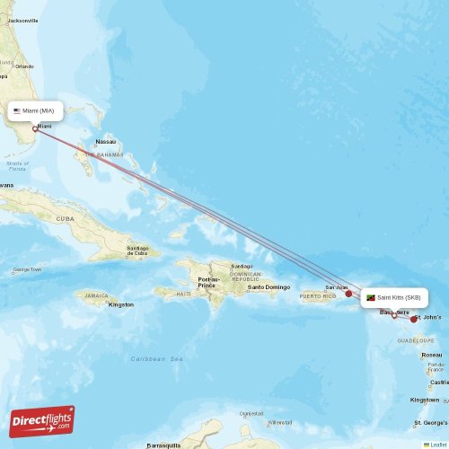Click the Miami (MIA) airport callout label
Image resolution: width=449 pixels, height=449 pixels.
[36, 110]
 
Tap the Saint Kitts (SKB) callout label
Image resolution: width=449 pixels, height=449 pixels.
[393, 297]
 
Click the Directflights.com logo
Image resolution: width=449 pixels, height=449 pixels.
[42, 421]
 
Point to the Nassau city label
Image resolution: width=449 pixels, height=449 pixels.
[106, 142]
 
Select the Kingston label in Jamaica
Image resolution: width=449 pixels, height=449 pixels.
[120, 304]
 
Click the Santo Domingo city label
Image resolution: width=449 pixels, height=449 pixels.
[269, 286]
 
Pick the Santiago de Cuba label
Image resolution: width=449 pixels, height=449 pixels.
[137, 250]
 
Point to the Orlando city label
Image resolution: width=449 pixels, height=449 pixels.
[24, 66]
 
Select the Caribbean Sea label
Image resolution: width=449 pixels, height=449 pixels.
[156, 358]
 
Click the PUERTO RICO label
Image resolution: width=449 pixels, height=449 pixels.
[318, 295]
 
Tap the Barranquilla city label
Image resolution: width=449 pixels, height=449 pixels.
[165, 445]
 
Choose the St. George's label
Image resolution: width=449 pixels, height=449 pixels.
[430, 422]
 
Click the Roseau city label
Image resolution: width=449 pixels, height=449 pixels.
[432, 355]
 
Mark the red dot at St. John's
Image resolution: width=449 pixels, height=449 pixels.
[414, 319]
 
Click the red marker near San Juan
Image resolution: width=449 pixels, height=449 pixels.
[348, 293]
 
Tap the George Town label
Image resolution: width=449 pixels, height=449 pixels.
[26, 269]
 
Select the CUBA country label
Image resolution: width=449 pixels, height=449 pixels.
[65, 218]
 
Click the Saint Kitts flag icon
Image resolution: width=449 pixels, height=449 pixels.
[371, 297]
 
